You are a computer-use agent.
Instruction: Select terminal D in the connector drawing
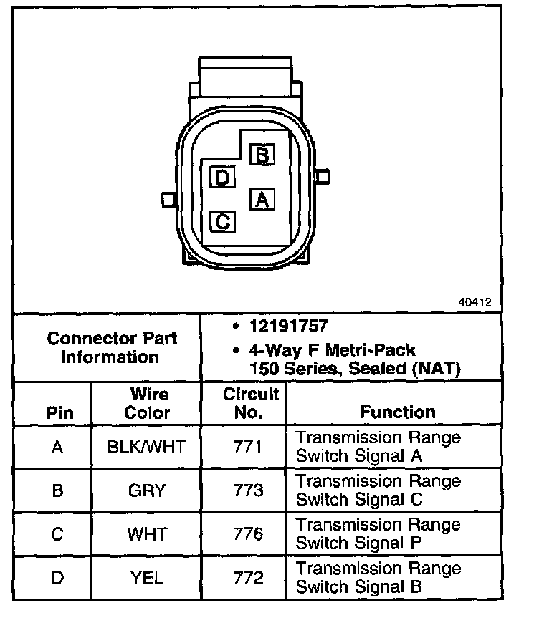coord(223,177)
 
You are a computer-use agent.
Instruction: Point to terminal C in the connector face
coord(223,221)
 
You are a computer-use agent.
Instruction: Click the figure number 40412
coord(474,302)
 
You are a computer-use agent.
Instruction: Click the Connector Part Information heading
coord(111,347)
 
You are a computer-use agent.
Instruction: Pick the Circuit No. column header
coord(250,404)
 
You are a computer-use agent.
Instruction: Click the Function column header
coord(398,412)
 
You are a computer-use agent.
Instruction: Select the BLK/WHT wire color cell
coord(146,448)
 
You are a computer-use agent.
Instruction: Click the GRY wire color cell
coord(146,490)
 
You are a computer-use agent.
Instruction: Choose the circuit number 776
coord(248,534)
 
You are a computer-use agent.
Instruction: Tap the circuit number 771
coord(248,448)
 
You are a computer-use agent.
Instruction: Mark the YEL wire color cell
coord(146,577)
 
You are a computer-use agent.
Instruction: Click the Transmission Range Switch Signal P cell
coord(378,534)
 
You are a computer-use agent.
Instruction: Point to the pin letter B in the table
coord(58,490)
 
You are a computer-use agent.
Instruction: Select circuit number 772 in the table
coord(248,577)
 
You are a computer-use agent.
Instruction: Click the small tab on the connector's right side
coord(324,175)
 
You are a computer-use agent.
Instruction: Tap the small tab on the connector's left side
coord(167,198)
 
